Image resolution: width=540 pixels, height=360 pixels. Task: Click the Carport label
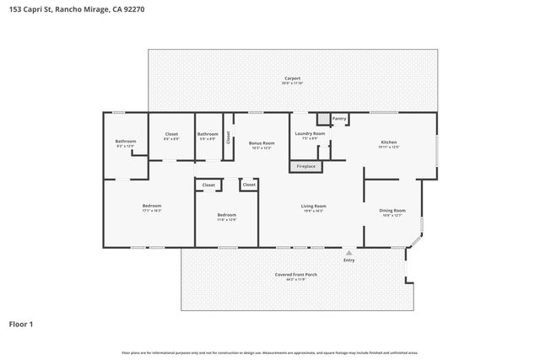pyautogui.click(x=293, y=79)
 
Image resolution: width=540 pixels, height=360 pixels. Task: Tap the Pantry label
pyautogui.click(x=339, y=119)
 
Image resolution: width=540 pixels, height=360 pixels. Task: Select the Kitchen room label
pyautogui.click(x=388, y=142)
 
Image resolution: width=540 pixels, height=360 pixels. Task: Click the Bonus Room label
pyautogui.click(x=262, y=142)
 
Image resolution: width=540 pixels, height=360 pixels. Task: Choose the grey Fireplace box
pyautogui.click(x=307, y=166)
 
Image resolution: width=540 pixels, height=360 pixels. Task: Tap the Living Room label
pyautogui.click(x=314, y=206)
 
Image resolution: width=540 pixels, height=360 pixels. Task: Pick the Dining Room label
pyautogui.click(x=392, y=210)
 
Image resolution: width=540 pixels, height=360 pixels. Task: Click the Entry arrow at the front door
pyautogui.click(x=348, y=252)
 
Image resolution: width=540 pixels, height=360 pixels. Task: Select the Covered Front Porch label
pyautogui.click(x=295, y=275)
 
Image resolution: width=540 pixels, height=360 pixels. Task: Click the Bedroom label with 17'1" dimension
pyautogui.click(x=152, y=206)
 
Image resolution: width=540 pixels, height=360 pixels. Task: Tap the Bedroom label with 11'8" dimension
pyautogui.click(x=225, y=215)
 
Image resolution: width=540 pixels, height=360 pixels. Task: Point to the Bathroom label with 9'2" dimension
pyautogui.click(x=126, y=141)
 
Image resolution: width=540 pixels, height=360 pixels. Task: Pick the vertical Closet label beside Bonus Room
pyautogui.click(x=228, y=137)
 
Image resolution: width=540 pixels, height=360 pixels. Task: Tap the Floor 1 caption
pyautogui.click(x=20, y=323)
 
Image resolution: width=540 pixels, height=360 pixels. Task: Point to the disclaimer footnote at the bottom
pyautogui.click(x=270, y=352)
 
